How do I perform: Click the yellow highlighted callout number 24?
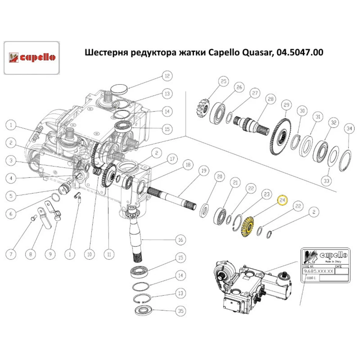point(283,200)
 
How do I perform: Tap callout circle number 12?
point(166,76)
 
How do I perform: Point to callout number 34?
point(349,129)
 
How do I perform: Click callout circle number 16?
point(180,240)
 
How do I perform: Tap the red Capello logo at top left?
point(31,57)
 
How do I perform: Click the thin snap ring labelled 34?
point(346,158)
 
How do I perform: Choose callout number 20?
point(219,177)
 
